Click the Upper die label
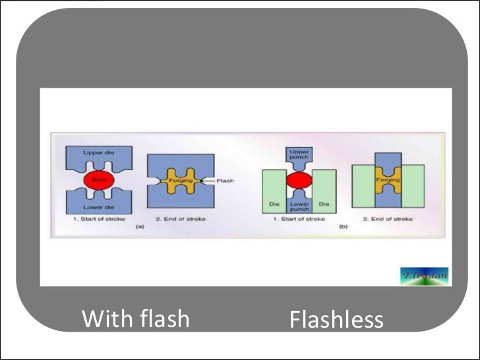click(x=98, y=152)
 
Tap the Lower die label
click(x=97, y=207)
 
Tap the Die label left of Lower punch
click(x=275, y=204)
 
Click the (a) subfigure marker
click(x=138, y=226)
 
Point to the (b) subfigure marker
click(x=343, y=226)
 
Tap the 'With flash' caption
click(x=135, y=319)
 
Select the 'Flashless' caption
click(x=336, y=320)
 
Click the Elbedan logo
click(x=423, y=276)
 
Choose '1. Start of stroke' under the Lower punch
click(x=298, y=218)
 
